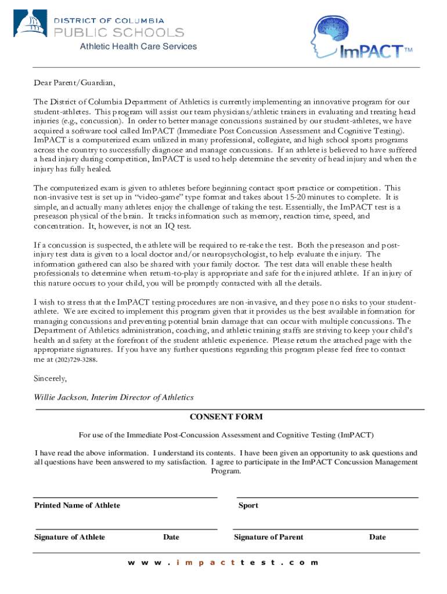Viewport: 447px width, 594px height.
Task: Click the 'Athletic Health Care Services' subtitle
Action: pyautogui.click(x=138, y=46)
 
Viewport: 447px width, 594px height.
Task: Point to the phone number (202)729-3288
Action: pyautogui.click(x=76, y=360)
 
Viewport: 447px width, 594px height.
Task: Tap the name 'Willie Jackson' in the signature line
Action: pyautogui.click(x=61, y=397)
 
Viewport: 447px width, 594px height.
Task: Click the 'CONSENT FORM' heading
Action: pyautogui.click(x=226, y=417)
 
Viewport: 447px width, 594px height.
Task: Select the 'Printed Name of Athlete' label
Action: pyautogui.click(x=77, y=505)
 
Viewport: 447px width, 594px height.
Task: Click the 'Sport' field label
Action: pyautogui.click(x=248, y=505)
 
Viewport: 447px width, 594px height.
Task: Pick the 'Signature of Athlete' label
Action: pyautogui.click(x=70, y=537)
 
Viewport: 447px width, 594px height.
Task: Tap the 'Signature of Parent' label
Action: pyautogui.click(x=268, y=537)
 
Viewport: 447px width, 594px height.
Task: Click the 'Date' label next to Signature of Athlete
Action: pyautogui.click(x=171, y=537)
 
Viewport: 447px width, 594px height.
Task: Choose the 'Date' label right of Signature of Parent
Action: pyautogui.click(x=377, y=537)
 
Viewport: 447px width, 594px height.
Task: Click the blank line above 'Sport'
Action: pyautogui.click(x=327, y=497)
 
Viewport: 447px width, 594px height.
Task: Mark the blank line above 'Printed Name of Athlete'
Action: pyautogui.click(x=125, y=497)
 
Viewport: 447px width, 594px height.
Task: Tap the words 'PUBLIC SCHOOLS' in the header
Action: pyautogui.click(x=119, y=32)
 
